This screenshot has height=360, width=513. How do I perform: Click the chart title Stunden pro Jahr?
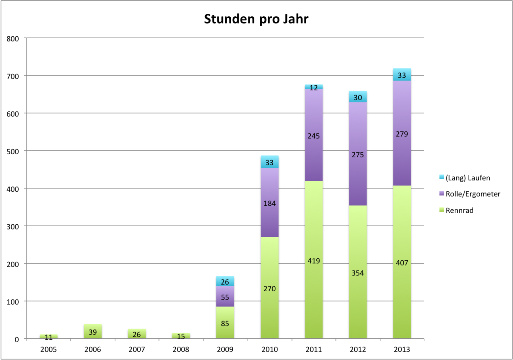point(256,20)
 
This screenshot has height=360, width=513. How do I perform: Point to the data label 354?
point(358,273)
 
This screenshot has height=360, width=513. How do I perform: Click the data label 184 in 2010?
point(270,203)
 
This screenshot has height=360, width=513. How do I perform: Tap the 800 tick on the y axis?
point(13,38)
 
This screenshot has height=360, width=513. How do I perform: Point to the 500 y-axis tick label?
point(13,151)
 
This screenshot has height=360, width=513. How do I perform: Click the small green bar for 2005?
point(49,337)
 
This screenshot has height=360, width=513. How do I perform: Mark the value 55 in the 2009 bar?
point(225,297)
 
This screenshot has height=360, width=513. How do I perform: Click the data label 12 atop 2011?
point(314,88)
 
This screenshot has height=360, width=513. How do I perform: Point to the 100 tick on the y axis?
point(13,301)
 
